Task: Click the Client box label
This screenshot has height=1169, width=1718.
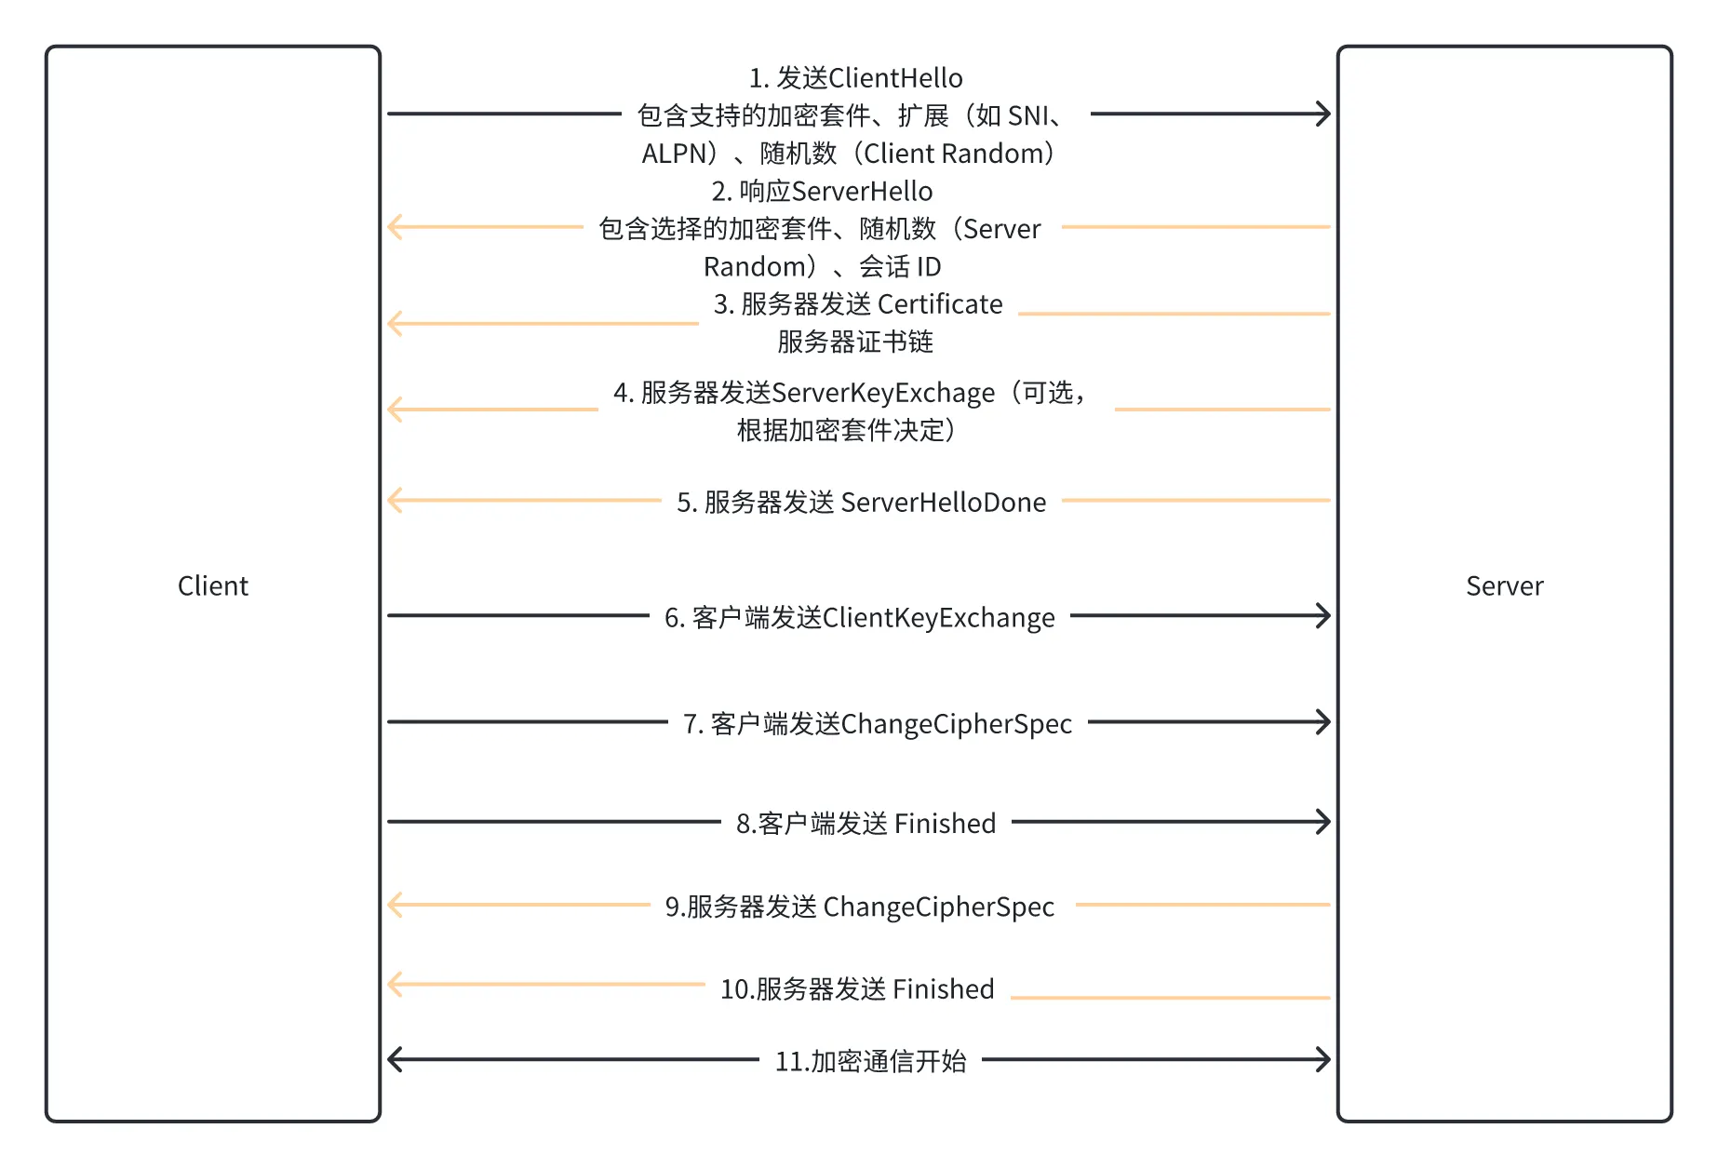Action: (x=212, y=585)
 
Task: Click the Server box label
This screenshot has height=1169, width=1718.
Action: (x=1504, y=585)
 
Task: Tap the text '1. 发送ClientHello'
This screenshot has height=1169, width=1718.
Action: (x=855, y=78)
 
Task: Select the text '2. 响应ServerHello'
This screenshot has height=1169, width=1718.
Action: (x=822, y=192)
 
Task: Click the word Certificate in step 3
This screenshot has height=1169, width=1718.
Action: (x=940, y=304)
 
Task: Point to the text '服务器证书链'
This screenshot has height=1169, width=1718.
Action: (x=855, y=342)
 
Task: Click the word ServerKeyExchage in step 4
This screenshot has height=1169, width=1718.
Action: (x=883, y=393)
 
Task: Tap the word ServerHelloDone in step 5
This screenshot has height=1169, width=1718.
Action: (x=943, y=503)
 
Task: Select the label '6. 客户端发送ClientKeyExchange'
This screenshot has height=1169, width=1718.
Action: (x=859, y=618)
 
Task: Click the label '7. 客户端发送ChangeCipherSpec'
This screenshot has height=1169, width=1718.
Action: (x=877, y=724)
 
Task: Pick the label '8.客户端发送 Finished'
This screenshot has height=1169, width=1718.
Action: (x=866, y=824)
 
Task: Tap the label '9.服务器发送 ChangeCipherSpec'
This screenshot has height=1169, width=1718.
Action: (x=859, y=907)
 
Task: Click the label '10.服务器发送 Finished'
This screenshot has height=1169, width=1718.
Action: (x=857, y=988)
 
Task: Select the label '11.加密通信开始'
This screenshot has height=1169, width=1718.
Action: (x=870, y=1061)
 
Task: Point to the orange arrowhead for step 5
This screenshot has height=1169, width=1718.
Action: (x=395, y=500)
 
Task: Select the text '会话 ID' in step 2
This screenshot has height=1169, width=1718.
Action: (x=900, y=267)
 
